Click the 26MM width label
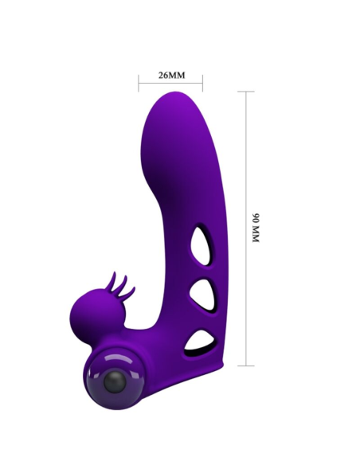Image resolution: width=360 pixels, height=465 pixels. click(171, 76)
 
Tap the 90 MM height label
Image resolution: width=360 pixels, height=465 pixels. click(256, 228)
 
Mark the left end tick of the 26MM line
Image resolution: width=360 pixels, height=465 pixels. click(139, 82)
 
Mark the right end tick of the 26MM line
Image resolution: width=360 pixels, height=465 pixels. click(202, 82)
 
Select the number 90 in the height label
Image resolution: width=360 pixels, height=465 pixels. click(256, 217)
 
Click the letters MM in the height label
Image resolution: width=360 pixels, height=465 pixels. click(256, 236)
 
